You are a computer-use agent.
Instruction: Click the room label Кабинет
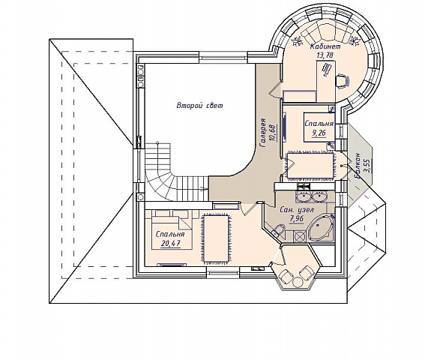[325, 46]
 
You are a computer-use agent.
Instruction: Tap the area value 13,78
[325, 55]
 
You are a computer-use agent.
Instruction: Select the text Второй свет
[199, 106]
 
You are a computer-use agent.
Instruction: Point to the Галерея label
[263, 133]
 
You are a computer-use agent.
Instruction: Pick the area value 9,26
[319, 133]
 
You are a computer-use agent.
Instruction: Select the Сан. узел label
[298, 210]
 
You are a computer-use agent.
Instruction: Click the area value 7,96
[296, 219]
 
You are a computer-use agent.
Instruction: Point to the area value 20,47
[171, 243]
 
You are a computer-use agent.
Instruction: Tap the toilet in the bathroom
[278, 229]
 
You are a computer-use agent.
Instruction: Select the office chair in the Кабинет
[343, 80]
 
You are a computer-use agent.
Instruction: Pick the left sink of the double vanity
[303, 196]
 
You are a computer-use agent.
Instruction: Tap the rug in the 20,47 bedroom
[216, 238]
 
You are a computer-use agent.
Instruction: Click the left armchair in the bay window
[286, 277]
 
